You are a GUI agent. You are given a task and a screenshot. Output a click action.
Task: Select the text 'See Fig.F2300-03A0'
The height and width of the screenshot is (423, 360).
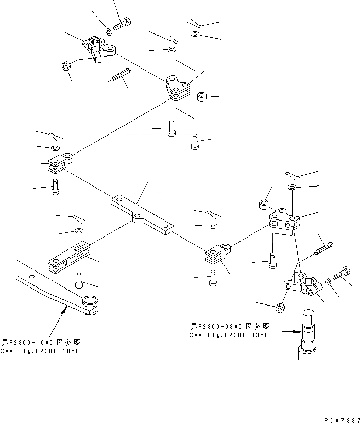tap(229, 335)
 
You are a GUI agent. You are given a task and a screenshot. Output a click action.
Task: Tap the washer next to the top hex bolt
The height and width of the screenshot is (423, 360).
tap(109, 31)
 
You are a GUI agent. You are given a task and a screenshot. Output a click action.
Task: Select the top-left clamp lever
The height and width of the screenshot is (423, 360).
tap(99, 49)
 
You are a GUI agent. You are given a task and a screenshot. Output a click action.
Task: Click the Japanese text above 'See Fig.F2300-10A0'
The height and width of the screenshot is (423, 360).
tap(41, 342)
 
